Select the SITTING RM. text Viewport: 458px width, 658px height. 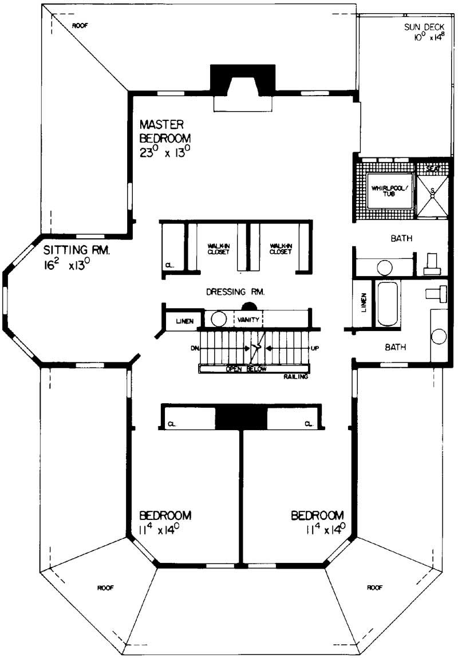pyautogui.click(x=76, y=250)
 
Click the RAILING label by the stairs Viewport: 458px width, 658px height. pyautogui.click(x=296, y=377)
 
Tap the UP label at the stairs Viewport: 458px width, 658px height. pyautogui.click(x=314, y=348)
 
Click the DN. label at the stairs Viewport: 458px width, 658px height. pyautogui.click(x=195, y=348)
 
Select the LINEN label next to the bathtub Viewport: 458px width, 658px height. pyautogui.click(x=363, y=304)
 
